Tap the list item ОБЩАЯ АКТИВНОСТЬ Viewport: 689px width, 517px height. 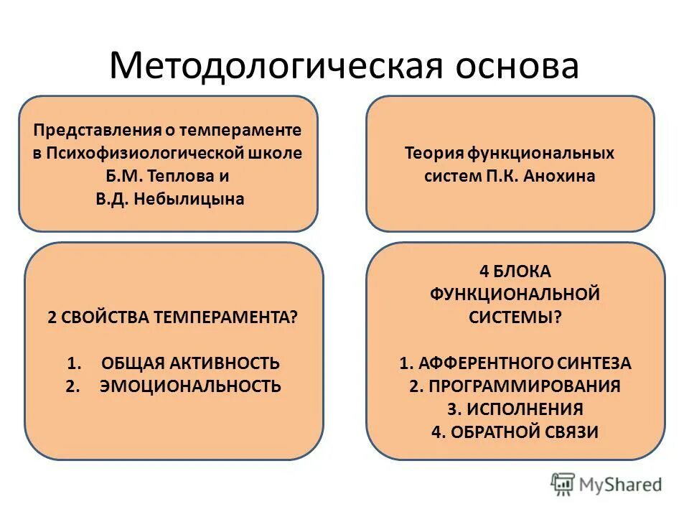coord(190,363)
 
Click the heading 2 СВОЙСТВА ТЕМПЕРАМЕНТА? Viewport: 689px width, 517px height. coord(172,317)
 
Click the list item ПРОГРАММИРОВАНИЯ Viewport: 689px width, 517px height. coord(525,386)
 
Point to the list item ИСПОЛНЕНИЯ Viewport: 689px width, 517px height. coord(525,409)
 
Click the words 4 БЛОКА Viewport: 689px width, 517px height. coord(515,271)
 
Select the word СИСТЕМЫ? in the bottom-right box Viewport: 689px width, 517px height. coord(515,317)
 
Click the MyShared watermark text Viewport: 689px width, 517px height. coord(622,484)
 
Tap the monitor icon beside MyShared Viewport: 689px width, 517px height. coord(563,484)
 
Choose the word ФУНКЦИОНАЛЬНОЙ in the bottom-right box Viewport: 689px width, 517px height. coord(515,294)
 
